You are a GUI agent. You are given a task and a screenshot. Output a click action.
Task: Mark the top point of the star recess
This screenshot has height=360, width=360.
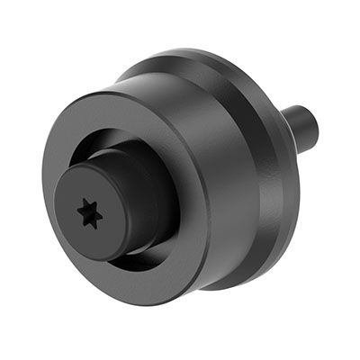click(x=87, y=202)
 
